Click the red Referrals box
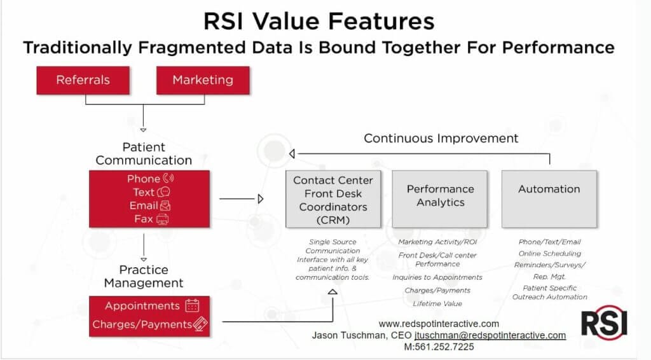pyautogui.click(x=83, y=80)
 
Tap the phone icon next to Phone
pyautogui.click(x=168, y=179)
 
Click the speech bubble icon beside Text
pyautogui.click(x=165, y=192)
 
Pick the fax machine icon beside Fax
pyautogui.click(x=163, y=219)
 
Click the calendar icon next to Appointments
pyautogui.click(x=192, y=306)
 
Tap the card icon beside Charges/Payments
pyautogui.click(x=200, y=324)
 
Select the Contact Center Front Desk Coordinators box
pyautogui.click(x=333, y=198)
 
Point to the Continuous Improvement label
pyautogui.click(x=441, y=138)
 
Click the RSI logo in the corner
pyautogui.click(x=604, y=322)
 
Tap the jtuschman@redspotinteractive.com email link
pyautogui.click(x=490, y=335)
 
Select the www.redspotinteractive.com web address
pyautogui.click(x=439, y=324)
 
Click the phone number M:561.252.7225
pyautogui.click(x=439, y=347)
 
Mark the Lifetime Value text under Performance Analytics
pyautogui.click(x=437, y=304)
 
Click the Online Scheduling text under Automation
pyautogui.click(x=549, y=253)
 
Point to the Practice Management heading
pyautogui.click(x=144, y=277)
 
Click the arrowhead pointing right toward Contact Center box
pyautogui.click(x=260, y=199)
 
